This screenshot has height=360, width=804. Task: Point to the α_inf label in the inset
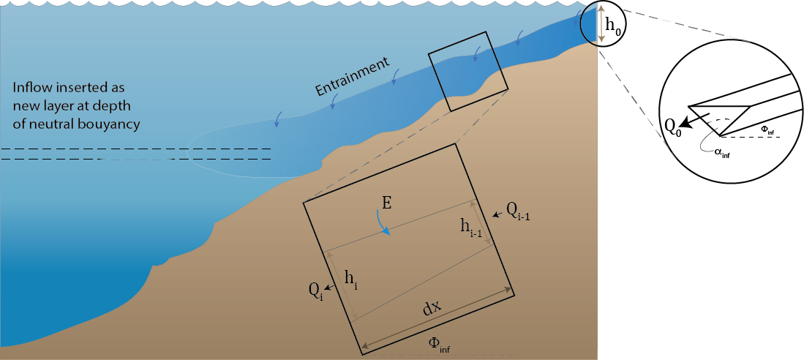[720, 153]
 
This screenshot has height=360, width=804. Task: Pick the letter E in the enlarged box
[388, 203]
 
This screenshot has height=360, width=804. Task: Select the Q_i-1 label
[519, 211]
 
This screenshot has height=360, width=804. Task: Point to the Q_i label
[315, 290]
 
